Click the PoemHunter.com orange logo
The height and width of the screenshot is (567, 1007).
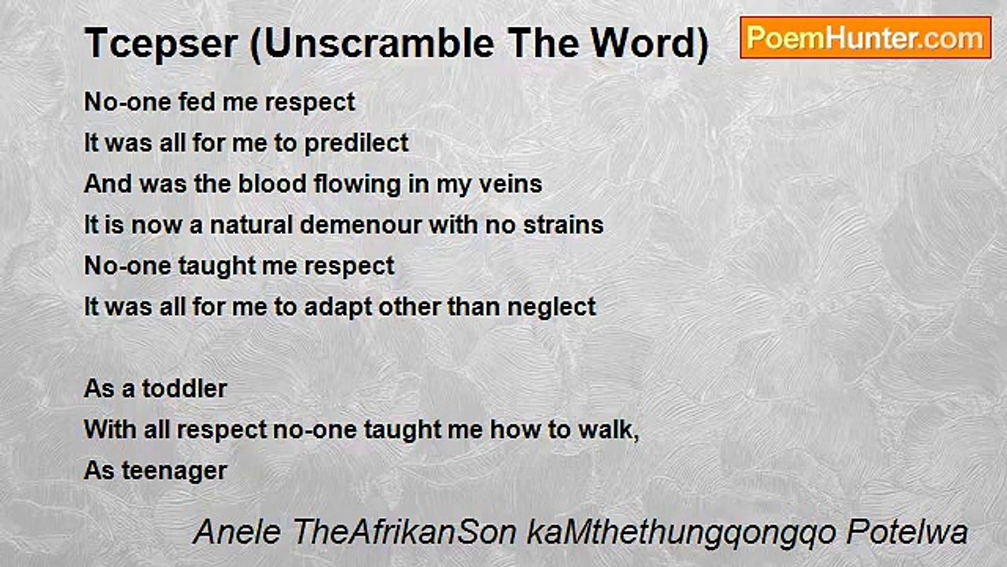[x=865, y=38]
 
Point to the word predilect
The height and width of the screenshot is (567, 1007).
[x=356, y=143]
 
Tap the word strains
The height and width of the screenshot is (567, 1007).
[x=563, y=225]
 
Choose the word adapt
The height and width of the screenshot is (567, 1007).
[x=338, y=308]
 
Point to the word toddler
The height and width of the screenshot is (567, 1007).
[x=184, y=389]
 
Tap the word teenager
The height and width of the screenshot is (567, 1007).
[x=175, y=472]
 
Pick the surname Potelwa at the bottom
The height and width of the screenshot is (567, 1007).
[x=907, y=532]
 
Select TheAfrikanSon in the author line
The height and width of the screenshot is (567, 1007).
[x=404, y=532]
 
